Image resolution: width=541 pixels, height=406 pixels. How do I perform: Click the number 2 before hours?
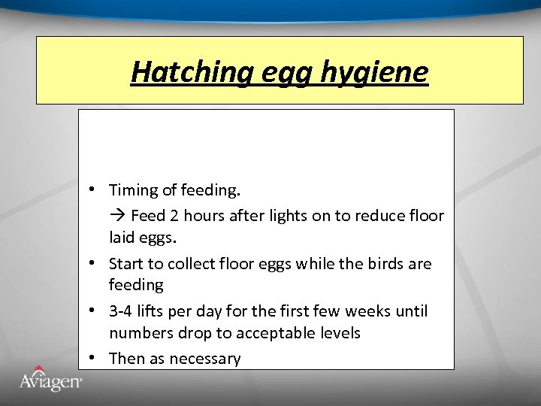(x=174, y=216)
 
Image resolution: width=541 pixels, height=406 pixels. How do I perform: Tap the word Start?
(x=127, y=264)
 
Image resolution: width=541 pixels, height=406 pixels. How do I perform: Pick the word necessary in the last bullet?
(x=205, y=359)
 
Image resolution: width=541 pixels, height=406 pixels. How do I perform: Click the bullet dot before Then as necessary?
(x=89, y=358)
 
